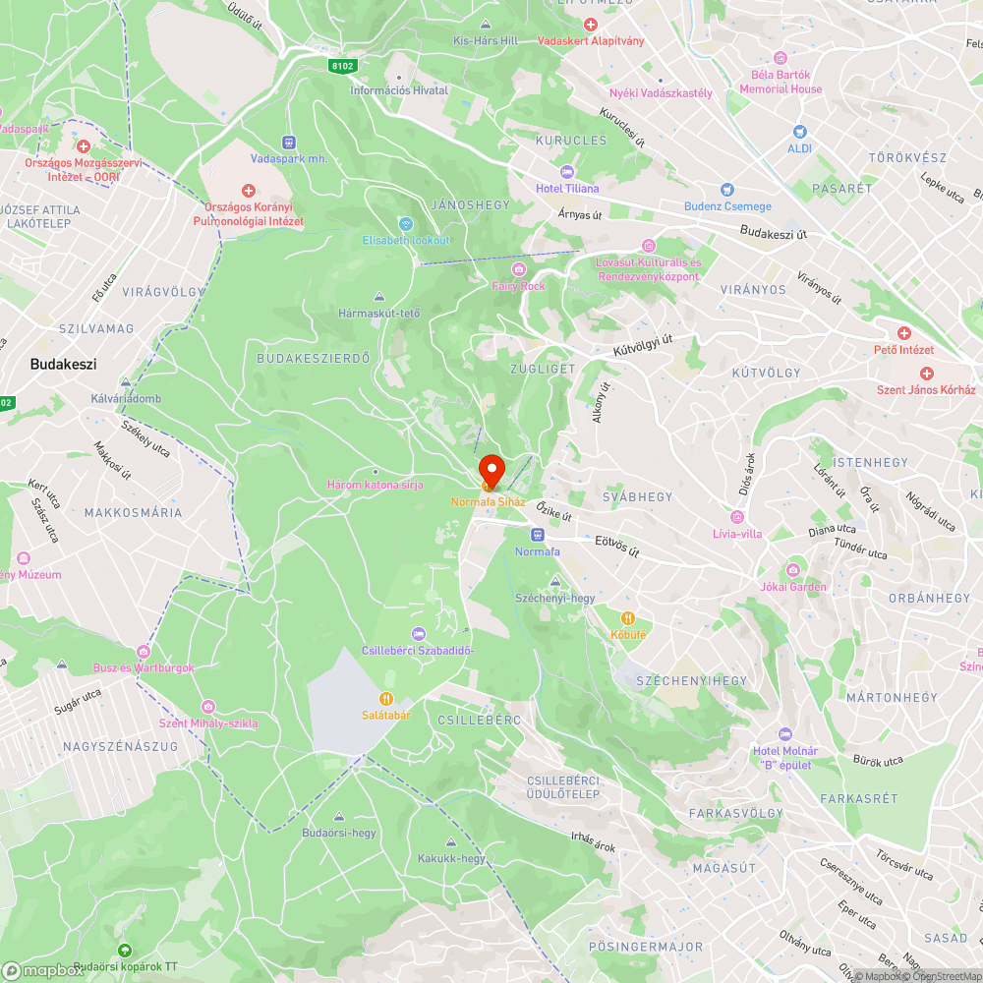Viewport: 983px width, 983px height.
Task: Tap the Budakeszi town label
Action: coord(63,364)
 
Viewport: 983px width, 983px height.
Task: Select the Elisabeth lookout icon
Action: coord(405,224)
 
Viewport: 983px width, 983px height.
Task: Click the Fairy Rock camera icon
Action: coord(518,269)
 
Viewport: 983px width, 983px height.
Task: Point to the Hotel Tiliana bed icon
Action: coord(567,172)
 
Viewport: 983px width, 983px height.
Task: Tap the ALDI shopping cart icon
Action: coord(799,132)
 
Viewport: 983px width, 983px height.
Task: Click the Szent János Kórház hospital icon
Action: coord(925,374)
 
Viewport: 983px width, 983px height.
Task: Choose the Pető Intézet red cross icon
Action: coord(903,333)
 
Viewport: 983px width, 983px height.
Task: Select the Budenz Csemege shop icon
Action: coord(727,190)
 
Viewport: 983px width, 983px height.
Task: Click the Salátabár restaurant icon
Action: coord(385,699)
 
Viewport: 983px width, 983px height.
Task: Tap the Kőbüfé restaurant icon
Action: coord(628,617)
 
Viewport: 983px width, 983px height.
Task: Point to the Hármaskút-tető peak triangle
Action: coord(379,297)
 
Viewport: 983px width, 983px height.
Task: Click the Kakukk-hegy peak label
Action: coord(451,858)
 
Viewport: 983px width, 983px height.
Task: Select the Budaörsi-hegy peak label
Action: coord(339,833)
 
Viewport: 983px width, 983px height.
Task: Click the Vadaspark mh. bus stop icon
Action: coord(288,142)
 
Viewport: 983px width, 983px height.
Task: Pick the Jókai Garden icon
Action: coord(793,570)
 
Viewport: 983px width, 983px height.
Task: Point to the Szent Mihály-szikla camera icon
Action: coord(208,707)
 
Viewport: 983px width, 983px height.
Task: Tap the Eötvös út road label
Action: coord(617,546)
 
